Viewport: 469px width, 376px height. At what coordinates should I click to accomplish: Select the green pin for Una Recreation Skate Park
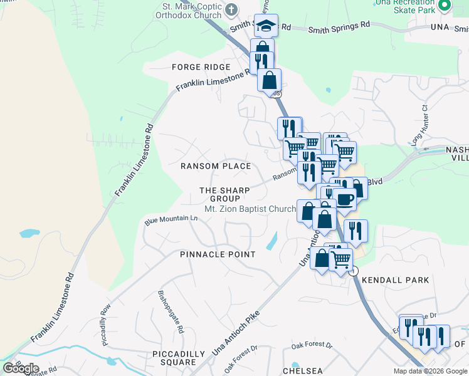click(445, 5)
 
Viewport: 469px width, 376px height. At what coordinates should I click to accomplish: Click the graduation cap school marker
click(266, 26)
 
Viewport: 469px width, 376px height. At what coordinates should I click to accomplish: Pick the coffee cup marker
click(345, 199)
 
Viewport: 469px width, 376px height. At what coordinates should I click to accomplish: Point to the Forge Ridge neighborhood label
click(202, 67)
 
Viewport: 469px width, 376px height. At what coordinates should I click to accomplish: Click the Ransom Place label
click(216, 166)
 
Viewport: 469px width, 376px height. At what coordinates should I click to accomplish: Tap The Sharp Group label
click(224, 194)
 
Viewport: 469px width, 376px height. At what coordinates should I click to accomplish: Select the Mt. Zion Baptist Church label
click(250, 209)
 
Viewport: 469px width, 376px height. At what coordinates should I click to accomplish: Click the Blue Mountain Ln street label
click(171, 219)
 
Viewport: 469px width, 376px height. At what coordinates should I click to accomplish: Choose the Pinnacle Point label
click(218, 254)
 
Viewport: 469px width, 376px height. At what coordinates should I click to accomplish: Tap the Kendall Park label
click(396, 279)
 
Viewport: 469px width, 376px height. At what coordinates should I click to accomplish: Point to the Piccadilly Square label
click(179, 358)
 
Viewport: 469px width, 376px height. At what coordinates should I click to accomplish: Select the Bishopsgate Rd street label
click(171, 311)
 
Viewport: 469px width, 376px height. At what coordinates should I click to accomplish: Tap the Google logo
click(21, 368)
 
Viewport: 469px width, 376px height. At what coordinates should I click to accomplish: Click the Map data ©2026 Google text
click(430, 371)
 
